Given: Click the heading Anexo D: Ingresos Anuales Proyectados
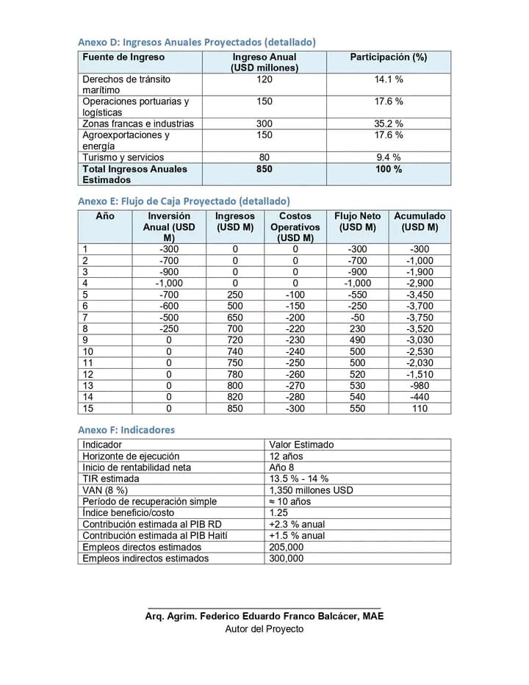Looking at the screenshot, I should tap(197, 42).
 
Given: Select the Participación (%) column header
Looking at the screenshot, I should tap(388, 57).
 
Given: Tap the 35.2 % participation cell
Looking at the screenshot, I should tap(389, 123).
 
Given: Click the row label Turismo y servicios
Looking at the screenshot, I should tap(123, 157).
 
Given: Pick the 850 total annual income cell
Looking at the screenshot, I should tap(264, 169).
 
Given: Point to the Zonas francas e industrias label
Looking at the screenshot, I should tap(138, 123).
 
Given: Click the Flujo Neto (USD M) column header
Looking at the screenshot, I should tap(357, 222).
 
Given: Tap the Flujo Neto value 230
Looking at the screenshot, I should tap(357, 329).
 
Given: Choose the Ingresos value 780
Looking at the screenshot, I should tap(235, 374).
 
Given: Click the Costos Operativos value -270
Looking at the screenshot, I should tap(295, 385).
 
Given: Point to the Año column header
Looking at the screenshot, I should tap(105, 216).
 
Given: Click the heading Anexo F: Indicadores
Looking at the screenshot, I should tap(126, 429).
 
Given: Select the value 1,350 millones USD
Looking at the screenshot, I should tap(312, 490).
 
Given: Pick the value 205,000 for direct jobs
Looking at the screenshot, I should tap(287, 548).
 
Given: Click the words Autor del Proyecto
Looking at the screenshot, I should tap(264, 629).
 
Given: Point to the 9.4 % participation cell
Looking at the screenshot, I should tap(389, 157).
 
